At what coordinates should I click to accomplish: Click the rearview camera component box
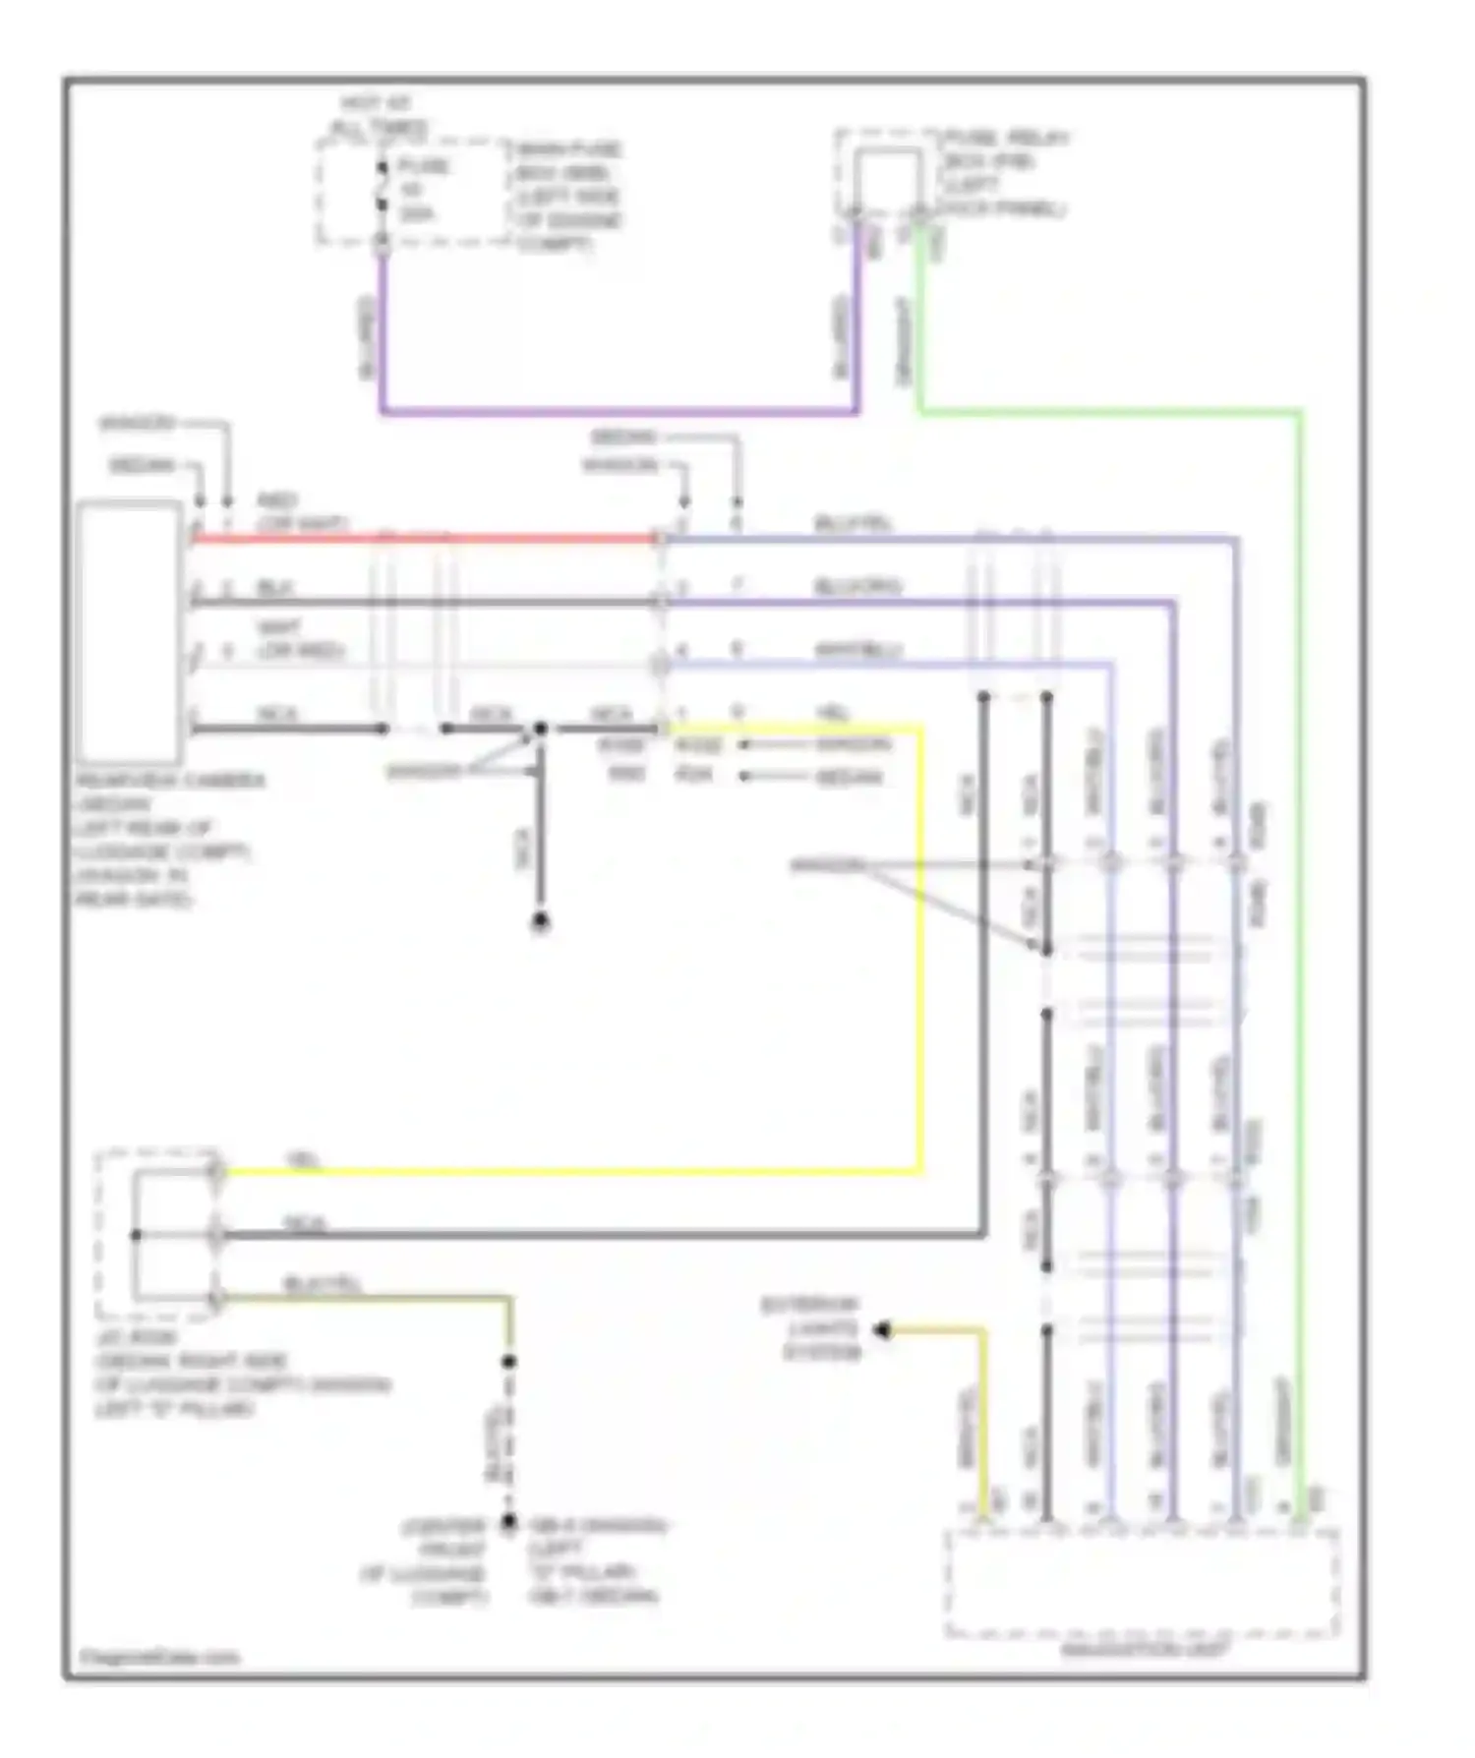[130, 632]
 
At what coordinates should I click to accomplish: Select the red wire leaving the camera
[423, 539]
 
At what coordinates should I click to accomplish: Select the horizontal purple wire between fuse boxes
[619, 412]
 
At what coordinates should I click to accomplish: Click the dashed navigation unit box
[1141, 1583]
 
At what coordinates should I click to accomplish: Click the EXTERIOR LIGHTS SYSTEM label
[811, 1329]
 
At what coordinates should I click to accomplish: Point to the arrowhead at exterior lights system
[882, 1330]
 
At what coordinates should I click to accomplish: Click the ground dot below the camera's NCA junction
[540, 922]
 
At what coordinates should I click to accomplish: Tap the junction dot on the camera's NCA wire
[540, 729]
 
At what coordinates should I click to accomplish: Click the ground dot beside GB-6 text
[508, 1523]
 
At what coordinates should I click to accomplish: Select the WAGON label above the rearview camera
[137, 425]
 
